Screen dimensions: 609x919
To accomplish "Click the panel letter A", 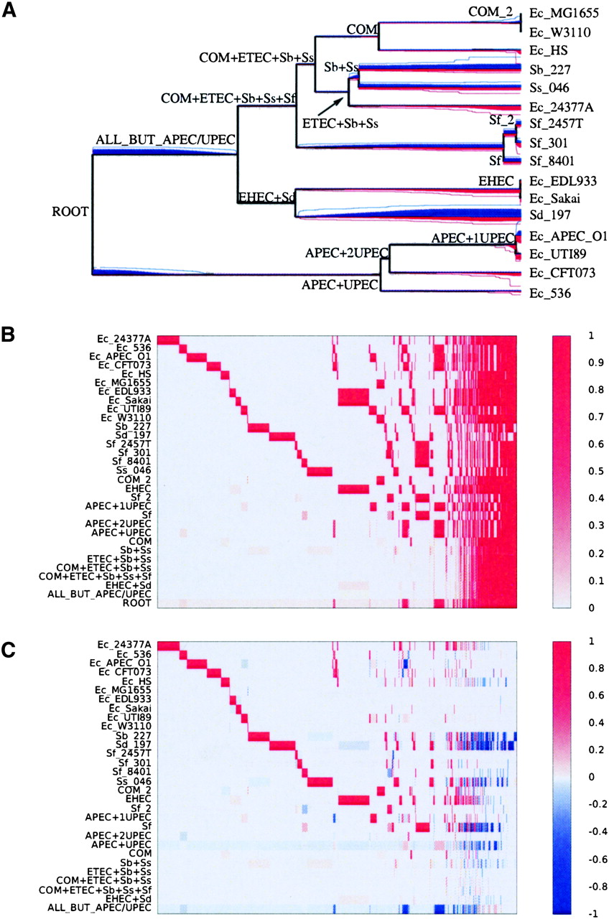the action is [x=9, y=10].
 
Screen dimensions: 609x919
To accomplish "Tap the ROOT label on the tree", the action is [x=70, y=212].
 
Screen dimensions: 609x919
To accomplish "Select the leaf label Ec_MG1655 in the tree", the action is [x=564, y=13].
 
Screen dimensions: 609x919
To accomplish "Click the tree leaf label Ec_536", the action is [x=550, y=294].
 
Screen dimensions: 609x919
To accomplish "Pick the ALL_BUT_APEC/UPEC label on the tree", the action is [x=165, y=139].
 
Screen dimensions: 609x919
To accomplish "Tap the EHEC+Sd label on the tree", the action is [x=266, y=197].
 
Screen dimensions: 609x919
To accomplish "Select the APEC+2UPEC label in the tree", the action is [x=346, y=253].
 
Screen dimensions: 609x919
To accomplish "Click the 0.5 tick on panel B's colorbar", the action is [x=591, y=470].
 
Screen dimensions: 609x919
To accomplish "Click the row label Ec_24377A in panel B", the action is [x=124, y=339].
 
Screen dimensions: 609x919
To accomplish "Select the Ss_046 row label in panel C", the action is [x=134, y=781].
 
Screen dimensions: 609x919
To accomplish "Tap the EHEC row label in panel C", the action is [x=139, y=799].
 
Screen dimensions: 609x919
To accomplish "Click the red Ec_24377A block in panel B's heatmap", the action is [x=168, y=340].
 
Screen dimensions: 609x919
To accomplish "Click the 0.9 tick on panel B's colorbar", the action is [x=591, y=363].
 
